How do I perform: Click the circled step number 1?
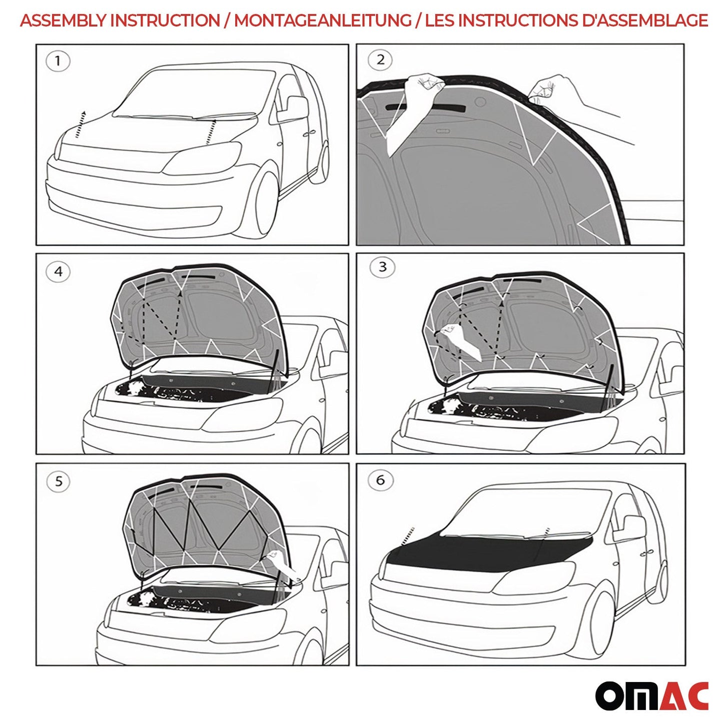coord(58,62)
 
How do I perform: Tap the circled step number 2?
coord(380,60)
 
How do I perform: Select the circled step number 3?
coord(382,267)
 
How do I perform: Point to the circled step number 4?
coord(58,272)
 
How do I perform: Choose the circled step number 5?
coord(59,481)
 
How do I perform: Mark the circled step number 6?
coord(380,480)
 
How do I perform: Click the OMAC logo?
coord(651,695)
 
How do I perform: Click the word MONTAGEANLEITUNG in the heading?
coord(322,21)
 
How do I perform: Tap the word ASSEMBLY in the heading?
coord(63,21)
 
